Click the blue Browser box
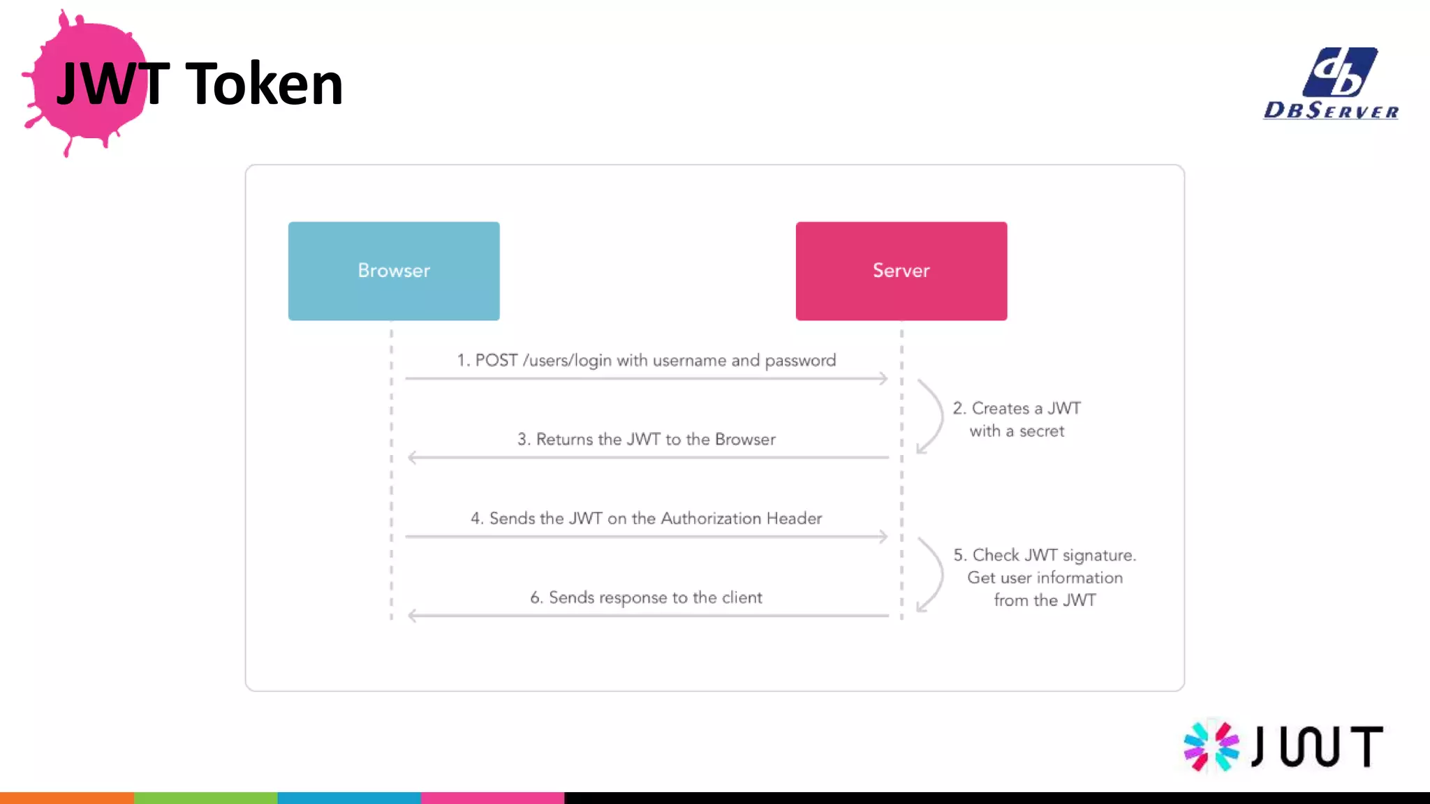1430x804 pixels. (394, 271)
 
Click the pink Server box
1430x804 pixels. (901, 271)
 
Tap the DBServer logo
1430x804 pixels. (1331, 84)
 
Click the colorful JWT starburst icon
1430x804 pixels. (1211, 746)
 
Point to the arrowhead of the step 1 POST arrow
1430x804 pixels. (883, 378)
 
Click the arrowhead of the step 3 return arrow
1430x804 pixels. (413, 458)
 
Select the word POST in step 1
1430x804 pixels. (496, 360)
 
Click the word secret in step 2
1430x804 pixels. (1041, 431)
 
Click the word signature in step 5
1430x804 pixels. (1098, 556)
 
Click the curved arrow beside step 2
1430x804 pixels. (933, 416)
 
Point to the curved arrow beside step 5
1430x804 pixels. (933, 574)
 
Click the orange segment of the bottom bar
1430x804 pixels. (67, 798)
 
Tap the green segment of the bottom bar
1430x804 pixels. (205, 798)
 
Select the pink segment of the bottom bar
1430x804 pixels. (492, 798)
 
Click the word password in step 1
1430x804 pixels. (800, 361)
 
